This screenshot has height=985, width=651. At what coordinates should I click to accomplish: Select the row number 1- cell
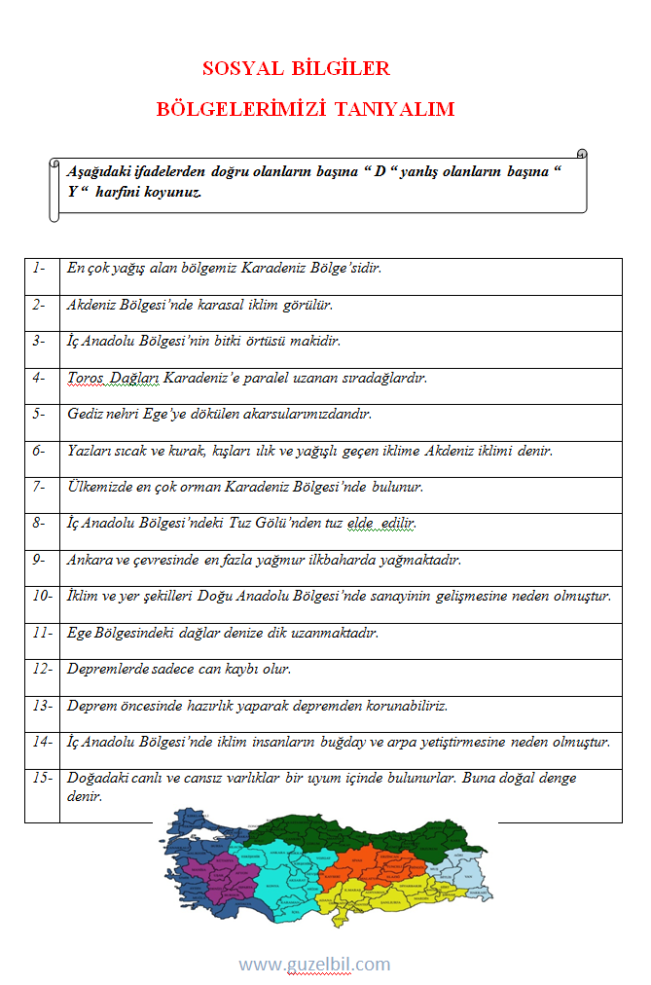pos(40,268)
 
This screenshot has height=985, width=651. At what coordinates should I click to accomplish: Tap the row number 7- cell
pos(40,486)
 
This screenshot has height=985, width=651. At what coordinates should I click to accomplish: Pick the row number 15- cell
pos(42,779)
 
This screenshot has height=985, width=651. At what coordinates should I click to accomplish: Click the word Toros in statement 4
pos(86,377)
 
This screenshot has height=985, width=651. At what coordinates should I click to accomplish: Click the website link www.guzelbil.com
pos(314,965)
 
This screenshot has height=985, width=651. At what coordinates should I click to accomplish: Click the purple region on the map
pos(209,871)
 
